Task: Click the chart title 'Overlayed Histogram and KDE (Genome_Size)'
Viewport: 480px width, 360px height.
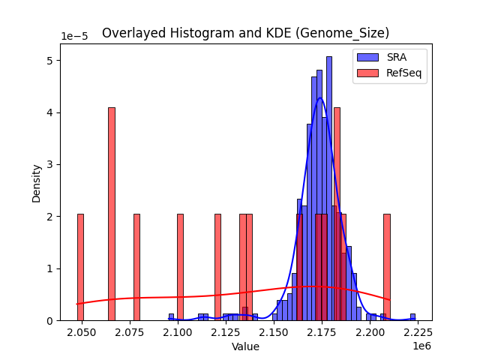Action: pyautogui.click(x=245, y=33)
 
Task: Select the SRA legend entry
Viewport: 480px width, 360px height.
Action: pyautogui.click(x=391, y=57)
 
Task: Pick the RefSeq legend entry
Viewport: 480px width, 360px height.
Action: pyautogui.click(x=391, y=73)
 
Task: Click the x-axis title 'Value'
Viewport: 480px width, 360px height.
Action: pyautogui.click(x=245, y=346)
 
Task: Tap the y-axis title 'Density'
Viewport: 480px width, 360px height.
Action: pyautogui.click(x=37, y=182)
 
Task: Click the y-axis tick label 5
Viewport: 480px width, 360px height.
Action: pyautogui.click(x=49, y=60)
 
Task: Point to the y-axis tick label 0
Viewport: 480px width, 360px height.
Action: pyautogui.click(x=49, y=320)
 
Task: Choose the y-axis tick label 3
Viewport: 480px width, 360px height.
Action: pyautogui.click(x=49, y=164)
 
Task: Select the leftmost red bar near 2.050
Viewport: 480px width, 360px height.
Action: pyautogui.click(x=80, y=267)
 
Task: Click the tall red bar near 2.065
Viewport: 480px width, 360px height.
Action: pyautogui.click(x=112, y=214)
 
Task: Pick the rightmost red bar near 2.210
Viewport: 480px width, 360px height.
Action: pyautogui.click(x=387, y=267)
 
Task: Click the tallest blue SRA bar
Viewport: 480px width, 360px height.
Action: pyautogui.click(x=328, y=187)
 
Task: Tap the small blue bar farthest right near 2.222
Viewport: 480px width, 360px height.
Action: pyautogui.click(x=412, y=317)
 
